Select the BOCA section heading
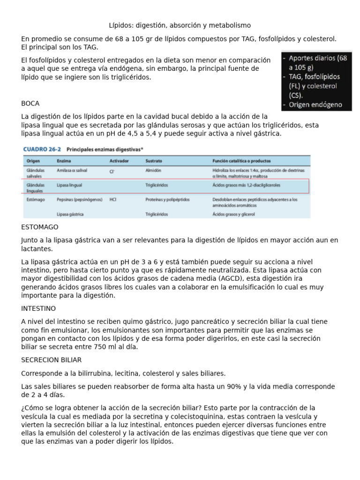[x=30, y=103]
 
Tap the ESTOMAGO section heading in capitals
[x=40, y=227]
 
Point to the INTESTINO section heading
[x=38, y=308]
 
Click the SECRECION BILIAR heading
[x=51, y=360]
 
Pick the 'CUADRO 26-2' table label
[x=41, y=149]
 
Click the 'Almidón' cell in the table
[x=154, y=171]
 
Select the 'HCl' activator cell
[x=113, y=199]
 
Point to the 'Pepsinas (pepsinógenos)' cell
[x=79, y=199]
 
